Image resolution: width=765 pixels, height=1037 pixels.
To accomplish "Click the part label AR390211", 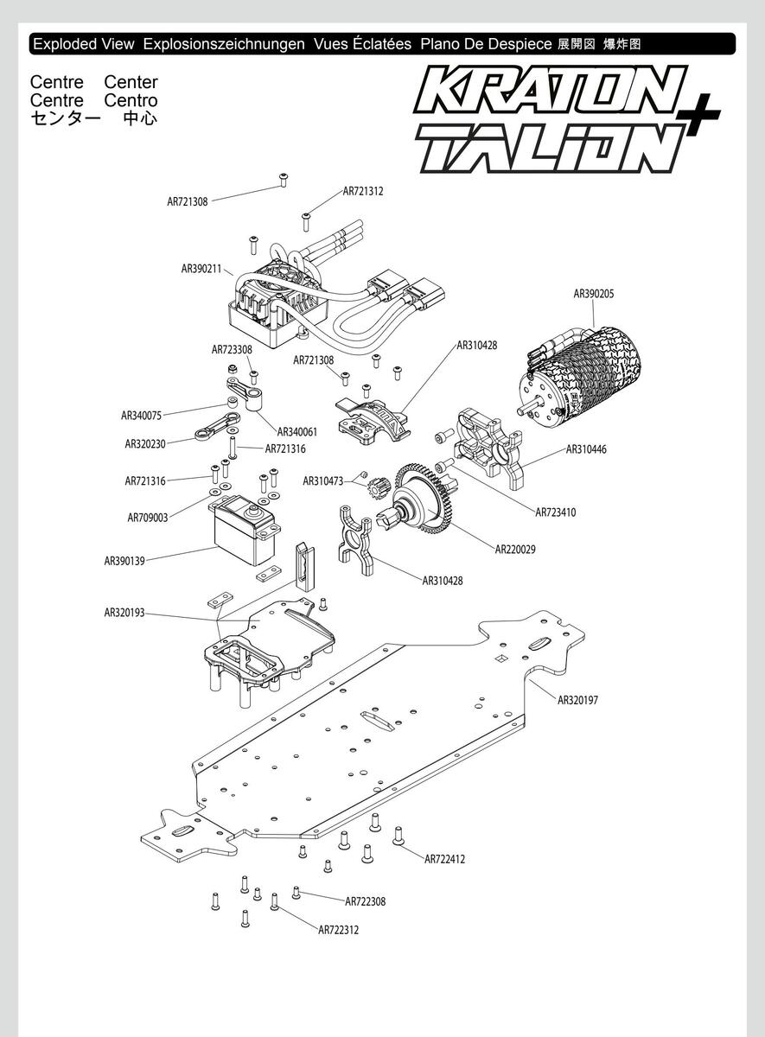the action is (x=201, y=269).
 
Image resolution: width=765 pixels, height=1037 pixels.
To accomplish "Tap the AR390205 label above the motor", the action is (x=594, y=294).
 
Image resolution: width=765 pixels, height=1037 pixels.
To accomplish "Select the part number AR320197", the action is (x=577, y=700).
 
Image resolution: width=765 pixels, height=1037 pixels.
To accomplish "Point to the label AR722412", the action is (x=444, y=859).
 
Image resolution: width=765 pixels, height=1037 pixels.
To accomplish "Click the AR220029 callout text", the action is (x=515, y=550).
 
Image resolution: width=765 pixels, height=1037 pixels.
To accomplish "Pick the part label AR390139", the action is (x=124, y=561).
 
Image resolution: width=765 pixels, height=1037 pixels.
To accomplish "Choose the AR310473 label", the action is (x=323, y=481).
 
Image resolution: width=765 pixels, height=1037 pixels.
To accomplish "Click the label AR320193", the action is (x=124, y=613).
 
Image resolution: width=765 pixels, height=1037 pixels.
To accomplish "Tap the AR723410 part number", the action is (x=556, y=512).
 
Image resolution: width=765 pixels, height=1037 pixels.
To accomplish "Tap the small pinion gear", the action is (x=379, y=488).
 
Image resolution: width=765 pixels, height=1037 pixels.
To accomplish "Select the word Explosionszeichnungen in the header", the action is (x=224, y=44).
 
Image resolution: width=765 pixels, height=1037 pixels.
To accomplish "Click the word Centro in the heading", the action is (x=131, y=100).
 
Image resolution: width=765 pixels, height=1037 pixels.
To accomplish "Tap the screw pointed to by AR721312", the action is (x=306, y=222).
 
